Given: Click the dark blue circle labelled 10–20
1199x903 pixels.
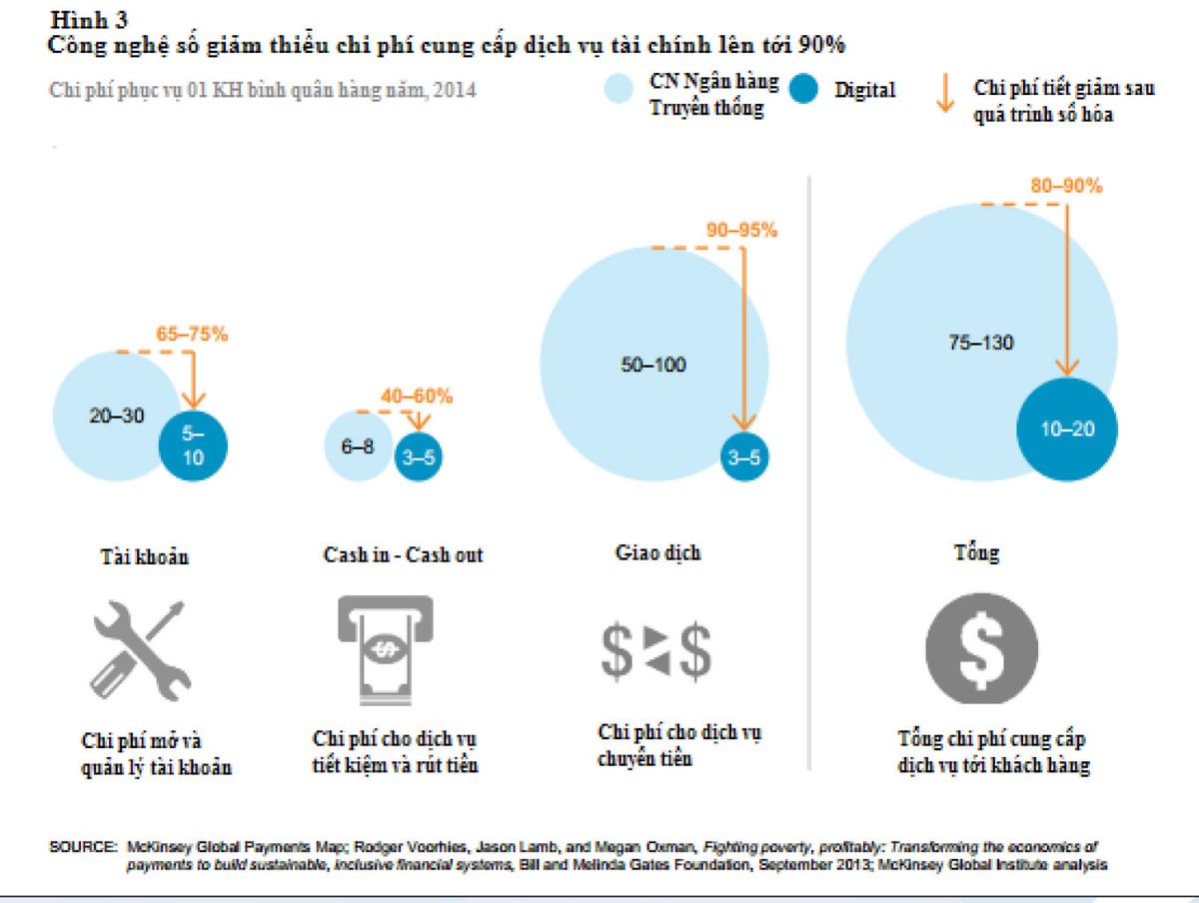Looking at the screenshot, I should click(x=1067, y=430).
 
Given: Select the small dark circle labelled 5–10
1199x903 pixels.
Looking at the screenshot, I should click(x=194, y=446).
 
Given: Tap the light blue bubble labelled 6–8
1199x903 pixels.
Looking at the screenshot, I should click(x=357, y=447).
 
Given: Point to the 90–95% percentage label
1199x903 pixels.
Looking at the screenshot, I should click(x=741, y=231).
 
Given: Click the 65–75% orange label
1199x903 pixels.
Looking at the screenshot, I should click(x=191, y=334).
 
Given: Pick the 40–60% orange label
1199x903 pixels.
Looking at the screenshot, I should click(x=417, y=396).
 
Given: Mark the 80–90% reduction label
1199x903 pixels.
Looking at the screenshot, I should click(x=1066, y=186).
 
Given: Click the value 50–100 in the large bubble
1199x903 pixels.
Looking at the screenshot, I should click(x=653, y=365).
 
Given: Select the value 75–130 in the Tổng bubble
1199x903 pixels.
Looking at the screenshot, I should click(x=980, y=343).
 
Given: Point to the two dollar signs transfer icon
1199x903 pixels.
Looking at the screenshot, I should click(x=655, y=650).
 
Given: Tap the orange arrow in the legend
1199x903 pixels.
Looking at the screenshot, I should click(x=941, y=95).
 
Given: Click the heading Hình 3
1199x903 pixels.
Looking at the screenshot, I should click(x=88, y=18).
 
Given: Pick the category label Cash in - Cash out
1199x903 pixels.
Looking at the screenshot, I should click(x=403, y=555).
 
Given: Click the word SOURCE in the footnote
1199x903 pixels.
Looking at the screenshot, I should click(x=83, y=846).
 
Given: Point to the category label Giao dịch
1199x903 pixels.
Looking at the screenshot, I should click(x=657, y=552).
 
